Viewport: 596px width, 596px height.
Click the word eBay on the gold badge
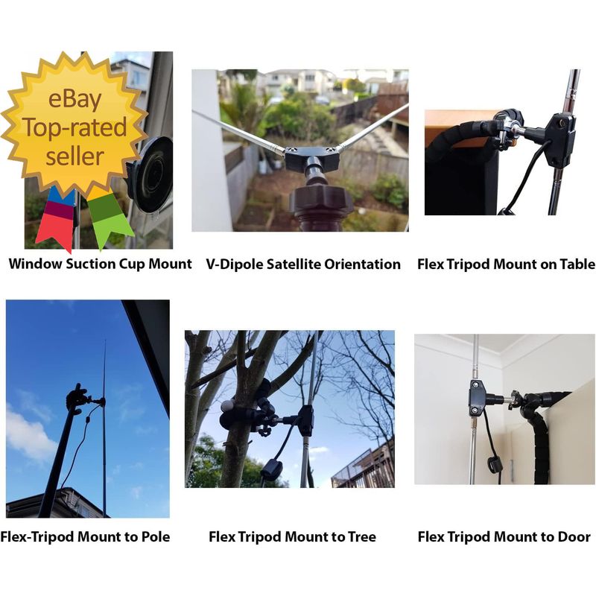pyautogui.click(x=75, y=99)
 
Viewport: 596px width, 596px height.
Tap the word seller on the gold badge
pyautogui.click(x=75, y=156)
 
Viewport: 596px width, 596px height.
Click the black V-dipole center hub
pyautogui.click(x=311, y=159)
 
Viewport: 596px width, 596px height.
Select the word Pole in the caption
pyautogui.click(x=156, y=536)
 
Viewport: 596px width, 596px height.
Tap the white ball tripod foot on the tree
pyautogui.click(x=226, y=406)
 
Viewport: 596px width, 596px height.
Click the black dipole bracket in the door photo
pyautogui.click(x=477, y=398)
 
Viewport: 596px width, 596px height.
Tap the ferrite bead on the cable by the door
pyautogui.click(x=495, y=464)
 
